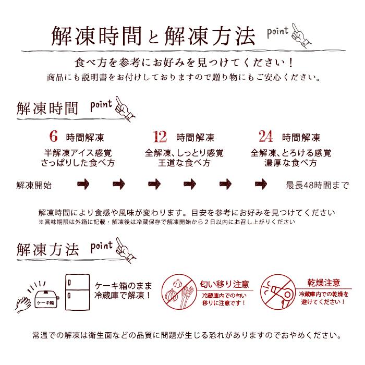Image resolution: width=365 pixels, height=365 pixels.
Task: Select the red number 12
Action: tap(160, 137)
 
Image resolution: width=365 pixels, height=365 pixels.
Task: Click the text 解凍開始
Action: tap(34, 185)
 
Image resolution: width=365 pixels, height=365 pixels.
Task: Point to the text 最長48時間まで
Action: tap(317, 185)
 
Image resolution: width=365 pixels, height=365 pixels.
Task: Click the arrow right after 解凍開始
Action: tap(83, 185)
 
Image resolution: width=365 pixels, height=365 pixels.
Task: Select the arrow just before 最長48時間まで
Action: tap(261, 185)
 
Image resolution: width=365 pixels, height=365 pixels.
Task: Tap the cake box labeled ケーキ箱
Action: tap(47, 299)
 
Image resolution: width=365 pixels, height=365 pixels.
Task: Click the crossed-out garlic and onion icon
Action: tap(178, 293)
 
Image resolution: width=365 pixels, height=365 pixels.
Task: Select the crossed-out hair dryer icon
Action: tap(278, 293)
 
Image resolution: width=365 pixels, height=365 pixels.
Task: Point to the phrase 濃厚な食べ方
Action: tap(290, 163)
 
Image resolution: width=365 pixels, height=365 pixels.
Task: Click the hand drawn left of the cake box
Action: tap(25, 304)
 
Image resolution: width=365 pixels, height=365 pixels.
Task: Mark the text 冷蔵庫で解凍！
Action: tap(124, 295)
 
